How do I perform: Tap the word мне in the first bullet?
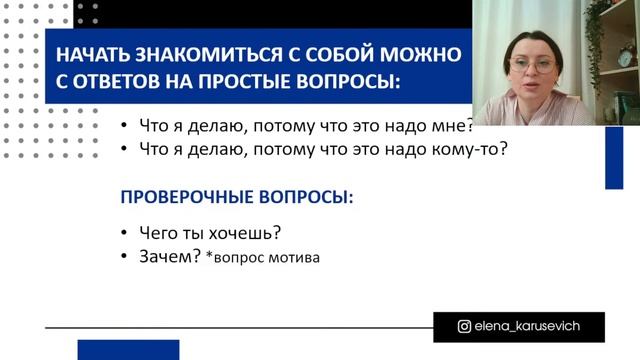456,126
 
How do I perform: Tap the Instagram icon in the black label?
464,326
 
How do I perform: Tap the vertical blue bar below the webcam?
613,156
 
